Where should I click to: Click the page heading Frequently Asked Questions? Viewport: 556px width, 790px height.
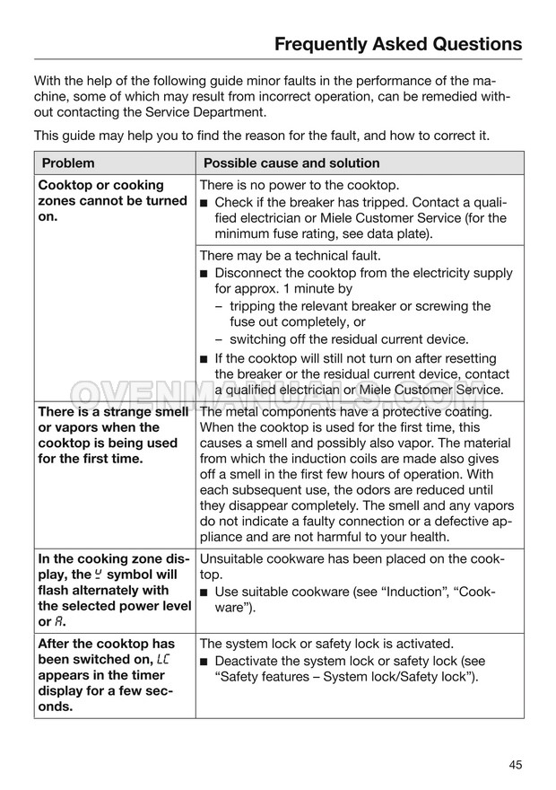tap(397, 43)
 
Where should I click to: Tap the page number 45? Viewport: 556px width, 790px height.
tap(514, 765)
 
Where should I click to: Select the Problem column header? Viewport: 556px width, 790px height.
tap(67, 163)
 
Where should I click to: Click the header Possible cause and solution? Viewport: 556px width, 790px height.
tap(291, 163)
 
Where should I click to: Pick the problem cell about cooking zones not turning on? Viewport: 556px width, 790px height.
tap(112, 201)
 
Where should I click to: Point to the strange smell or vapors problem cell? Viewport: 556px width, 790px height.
tap(112, 435)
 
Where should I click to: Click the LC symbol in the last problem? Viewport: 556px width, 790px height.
tap(162, 660)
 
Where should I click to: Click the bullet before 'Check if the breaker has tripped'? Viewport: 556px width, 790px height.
tap(204, 202)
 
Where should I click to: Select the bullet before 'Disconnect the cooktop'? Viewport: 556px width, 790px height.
tap(204, 273)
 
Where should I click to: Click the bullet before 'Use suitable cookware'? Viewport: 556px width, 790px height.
tap(204, 592)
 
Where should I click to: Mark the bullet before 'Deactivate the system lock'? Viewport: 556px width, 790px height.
tap(204, 661)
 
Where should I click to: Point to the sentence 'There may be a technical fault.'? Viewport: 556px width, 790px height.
tap(291, 255)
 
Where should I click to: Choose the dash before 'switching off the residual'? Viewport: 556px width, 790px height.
tap(220, 339)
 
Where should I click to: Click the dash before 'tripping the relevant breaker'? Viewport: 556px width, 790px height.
tap(220, 306)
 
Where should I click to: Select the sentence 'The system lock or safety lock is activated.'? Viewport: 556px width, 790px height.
tap(326, 643)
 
